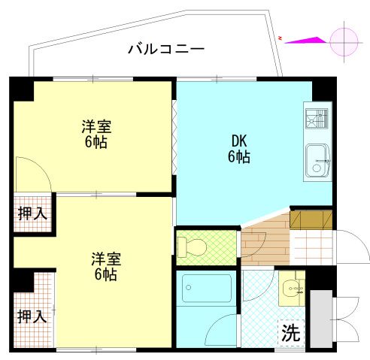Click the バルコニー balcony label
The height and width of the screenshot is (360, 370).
click(165, 50)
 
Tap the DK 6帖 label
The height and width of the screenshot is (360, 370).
click(239, 149)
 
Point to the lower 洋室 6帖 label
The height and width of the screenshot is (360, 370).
click(105, 266)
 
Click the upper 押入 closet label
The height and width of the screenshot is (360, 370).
click(32, 213)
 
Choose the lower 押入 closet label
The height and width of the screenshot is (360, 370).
click(32, 316)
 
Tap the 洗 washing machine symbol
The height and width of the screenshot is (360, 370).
click(290, 332)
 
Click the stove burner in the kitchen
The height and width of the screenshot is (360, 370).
click(317, 119)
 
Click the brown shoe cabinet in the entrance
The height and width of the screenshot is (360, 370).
click(311, 219)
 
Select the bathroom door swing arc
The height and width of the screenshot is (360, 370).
click(223, 329)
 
